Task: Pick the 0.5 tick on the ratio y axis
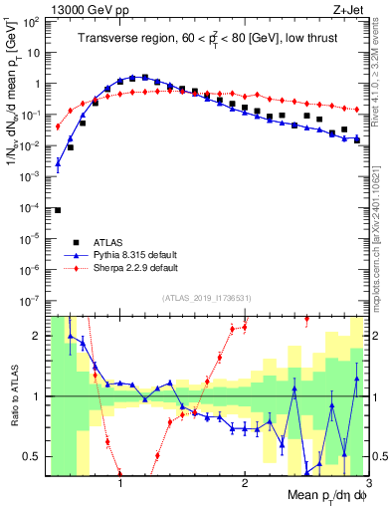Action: tap(36, 456)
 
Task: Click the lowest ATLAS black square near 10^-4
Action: tap(58, 209)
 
